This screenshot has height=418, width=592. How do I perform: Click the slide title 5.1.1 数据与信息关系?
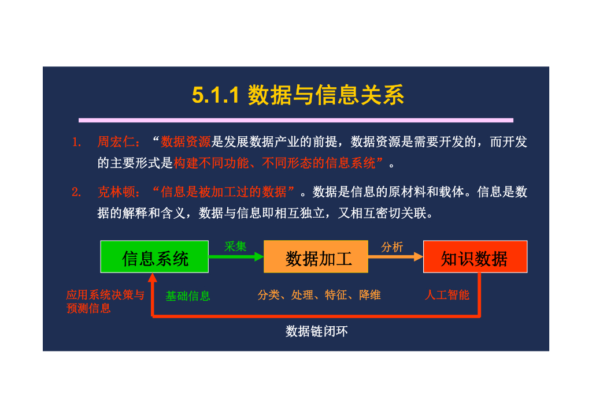(298, 95)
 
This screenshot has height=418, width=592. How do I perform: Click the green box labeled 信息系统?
(154, 257)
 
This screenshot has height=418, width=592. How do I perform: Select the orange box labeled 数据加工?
(316, 257)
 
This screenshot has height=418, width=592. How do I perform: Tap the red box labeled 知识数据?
(475, 257)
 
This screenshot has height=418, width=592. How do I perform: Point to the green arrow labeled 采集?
(236, 257)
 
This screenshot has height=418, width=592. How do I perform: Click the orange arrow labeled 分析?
(395, 257)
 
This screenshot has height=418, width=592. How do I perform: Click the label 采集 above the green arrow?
(235, 247)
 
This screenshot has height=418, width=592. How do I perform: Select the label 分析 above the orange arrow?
(392, 247)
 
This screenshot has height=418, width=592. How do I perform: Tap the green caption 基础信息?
(188, 296)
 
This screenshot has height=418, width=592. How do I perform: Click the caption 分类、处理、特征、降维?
(319, 295)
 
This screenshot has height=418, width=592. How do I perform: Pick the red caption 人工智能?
(447, 295)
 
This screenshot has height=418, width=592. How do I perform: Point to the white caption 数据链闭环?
(317, 331)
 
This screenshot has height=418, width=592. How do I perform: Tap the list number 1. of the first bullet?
(76, 143)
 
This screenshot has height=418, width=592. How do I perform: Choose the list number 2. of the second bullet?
(76, 193)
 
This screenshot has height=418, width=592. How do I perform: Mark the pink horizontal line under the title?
(296, 120)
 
